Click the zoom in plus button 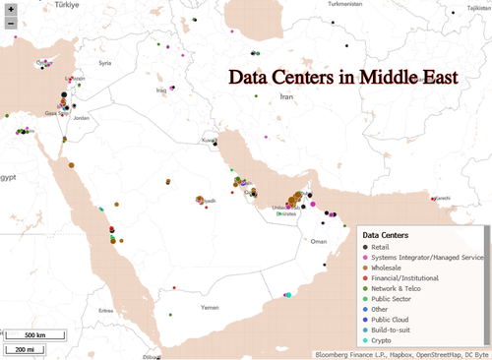coord(10,9)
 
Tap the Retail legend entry coord(386,249)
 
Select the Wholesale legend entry coord(394,267)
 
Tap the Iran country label coord(287,97)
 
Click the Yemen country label coord(182,307)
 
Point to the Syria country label coord(106,63)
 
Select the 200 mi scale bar coord(21,348)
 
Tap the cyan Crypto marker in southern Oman coord(288,294)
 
